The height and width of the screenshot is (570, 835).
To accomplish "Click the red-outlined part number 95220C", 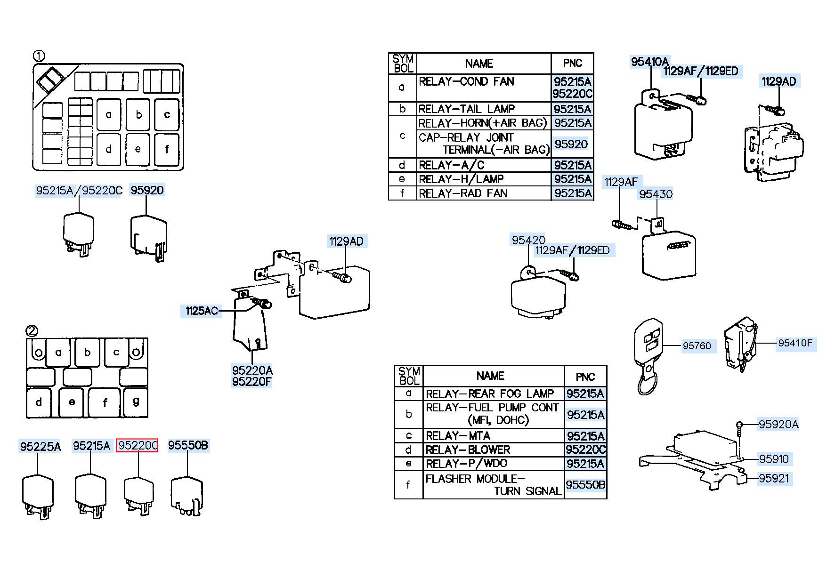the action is (137, 445).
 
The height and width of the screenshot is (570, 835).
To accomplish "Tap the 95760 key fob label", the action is (697, 346).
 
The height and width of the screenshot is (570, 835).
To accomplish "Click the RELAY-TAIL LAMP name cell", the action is (484, 109).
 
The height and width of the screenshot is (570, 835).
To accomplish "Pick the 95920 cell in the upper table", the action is (572, 144).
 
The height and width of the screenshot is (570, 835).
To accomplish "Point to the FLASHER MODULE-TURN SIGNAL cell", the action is (494, 485).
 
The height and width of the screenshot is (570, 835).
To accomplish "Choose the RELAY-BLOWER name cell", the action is (494, 450).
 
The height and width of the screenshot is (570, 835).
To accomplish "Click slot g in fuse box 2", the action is (136, 402).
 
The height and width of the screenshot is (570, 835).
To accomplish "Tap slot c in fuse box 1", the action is (167, 114).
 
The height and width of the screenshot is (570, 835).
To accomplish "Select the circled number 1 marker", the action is (39, 56).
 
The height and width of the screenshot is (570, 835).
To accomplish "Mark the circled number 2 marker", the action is (32, 331).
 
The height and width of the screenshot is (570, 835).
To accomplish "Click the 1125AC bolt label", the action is (201, 311).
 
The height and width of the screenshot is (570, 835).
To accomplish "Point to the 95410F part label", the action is (795, 343).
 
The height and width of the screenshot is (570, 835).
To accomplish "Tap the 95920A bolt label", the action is (778, 425).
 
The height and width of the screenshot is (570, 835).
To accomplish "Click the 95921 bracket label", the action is (773, 479).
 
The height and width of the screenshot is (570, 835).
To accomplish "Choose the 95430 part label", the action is (656, 194).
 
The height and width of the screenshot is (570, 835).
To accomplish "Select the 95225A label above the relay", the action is (40, 446).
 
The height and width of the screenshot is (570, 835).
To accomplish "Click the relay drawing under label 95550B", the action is (187, 497).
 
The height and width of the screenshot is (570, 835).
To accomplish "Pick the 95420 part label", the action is (528, 240).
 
